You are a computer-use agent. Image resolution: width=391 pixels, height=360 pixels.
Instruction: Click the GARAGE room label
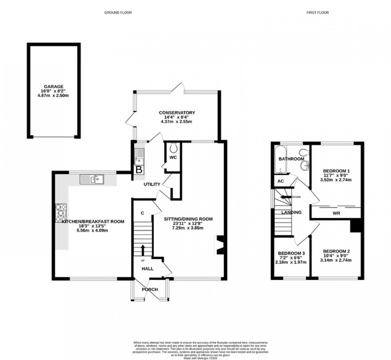[x=53, y=87]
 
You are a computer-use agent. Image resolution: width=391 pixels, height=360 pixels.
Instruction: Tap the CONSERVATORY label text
[x=177, y=113]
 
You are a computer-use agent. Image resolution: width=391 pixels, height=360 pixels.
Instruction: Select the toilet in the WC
[x=173, y=148]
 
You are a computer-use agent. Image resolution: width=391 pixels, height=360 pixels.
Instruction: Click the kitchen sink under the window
[x=91, y=179]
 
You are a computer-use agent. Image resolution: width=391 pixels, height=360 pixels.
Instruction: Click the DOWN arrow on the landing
[x=284, y=197]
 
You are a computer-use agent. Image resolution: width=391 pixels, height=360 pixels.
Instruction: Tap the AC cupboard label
[x=280, y=182]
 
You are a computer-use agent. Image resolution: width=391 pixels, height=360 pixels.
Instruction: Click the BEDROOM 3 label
[x=291, y=253]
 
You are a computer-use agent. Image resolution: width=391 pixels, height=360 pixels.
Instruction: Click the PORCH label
[x=150, y=289]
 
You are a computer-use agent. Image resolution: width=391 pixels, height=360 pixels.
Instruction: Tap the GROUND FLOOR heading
[x=118, y=13]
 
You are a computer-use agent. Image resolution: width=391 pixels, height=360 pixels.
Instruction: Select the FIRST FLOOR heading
[x=317, y=13]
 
